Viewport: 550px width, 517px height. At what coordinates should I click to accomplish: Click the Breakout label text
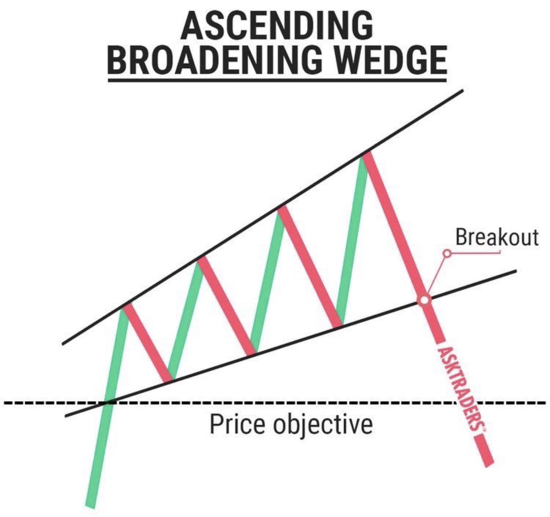(497, 238)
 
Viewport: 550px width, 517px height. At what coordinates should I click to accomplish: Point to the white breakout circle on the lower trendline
(424, 300)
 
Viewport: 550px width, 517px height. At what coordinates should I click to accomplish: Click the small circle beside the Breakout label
(446, 253)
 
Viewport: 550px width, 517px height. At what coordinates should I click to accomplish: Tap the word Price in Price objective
(237, 424)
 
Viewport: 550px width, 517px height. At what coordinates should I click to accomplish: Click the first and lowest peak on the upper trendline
(124, 306)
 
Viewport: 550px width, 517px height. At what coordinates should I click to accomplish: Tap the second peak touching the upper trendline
(198, 260)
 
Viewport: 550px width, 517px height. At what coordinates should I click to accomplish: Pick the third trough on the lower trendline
(339, 324)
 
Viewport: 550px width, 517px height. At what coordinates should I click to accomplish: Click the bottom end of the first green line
(91, 505)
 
